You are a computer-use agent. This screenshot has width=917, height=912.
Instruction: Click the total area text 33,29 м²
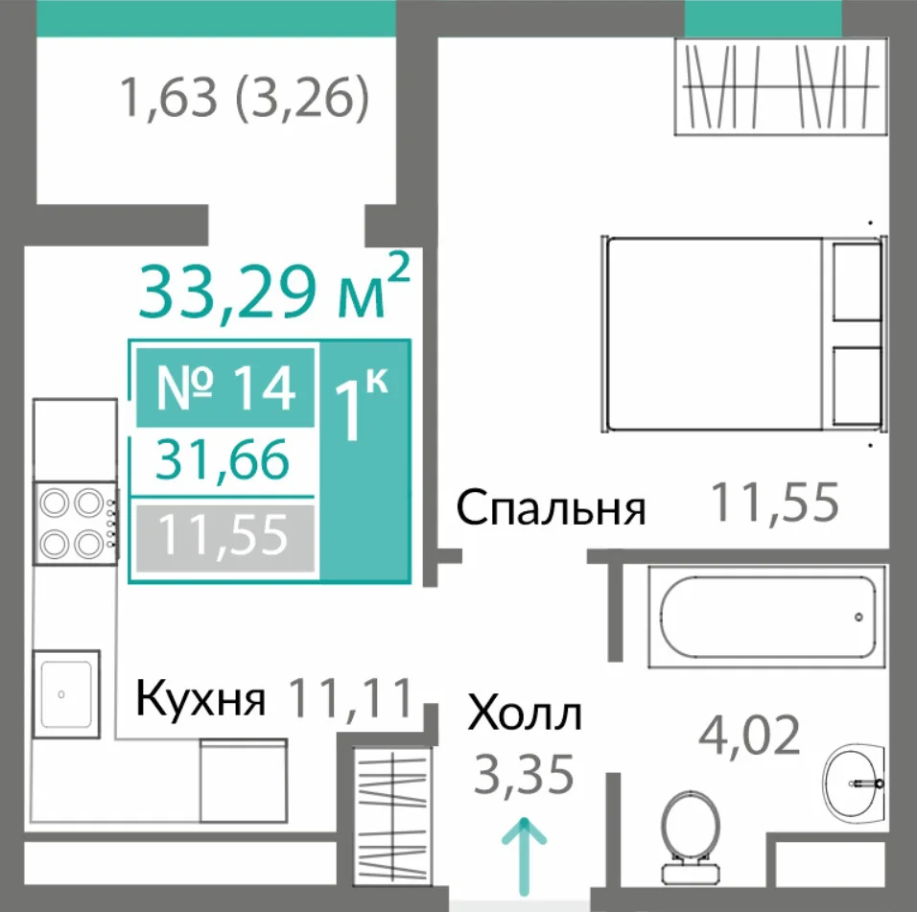pos(273,289)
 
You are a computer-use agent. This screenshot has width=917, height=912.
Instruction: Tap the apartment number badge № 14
pos(225,387)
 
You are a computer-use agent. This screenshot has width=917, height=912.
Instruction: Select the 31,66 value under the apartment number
pos(223,459)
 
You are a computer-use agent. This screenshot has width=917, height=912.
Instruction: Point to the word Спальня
pos(551,509)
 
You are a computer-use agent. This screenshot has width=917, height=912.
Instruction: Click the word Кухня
pos(200,699)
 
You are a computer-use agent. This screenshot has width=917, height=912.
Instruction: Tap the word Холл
pos(525,713)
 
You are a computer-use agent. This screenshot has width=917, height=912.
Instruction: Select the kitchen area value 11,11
pos(351,697)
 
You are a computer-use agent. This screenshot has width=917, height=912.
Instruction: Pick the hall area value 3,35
pos(524,775)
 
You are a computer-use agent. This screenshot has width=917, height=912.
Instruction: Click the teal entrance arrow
pos(524,856)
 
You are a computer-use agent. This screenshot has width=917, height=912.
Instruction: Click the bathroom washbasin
pos(855,782)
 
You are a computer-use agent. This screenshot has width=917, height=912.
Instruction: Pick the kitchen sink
pos(66,694)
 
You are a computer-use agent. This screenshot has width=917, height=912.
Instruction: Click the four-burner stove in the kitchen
pos(76,524)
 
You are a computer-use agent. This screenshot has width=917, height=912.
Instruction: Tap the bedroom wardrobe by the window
pos(781,86)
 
